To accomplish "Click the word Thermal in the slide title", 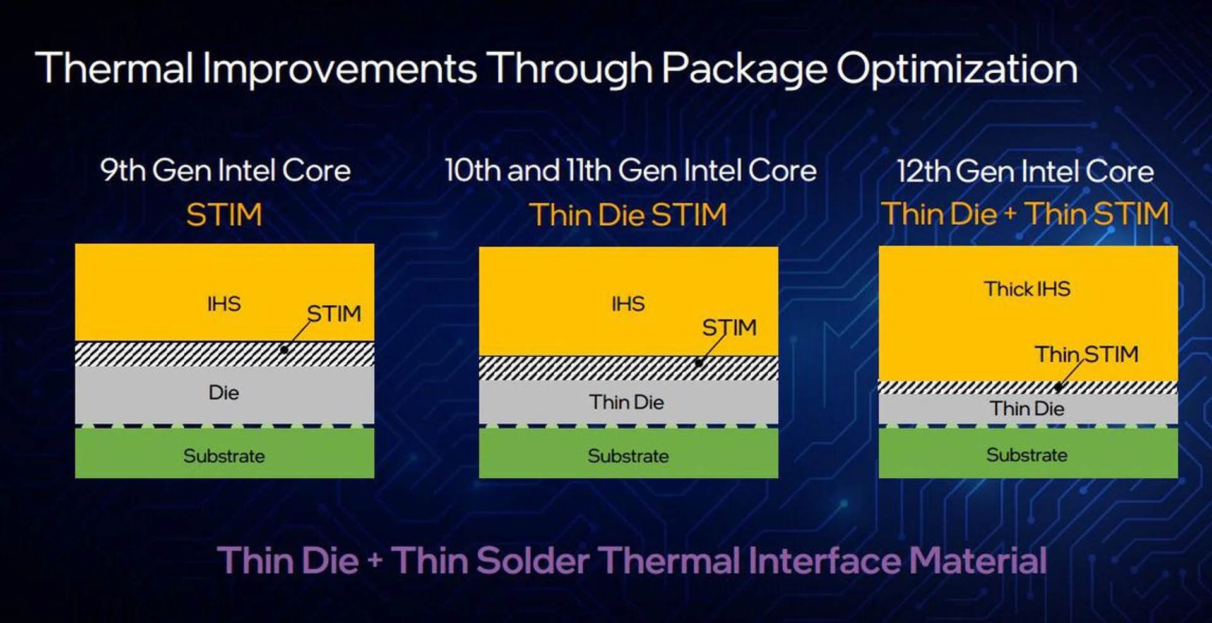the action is pos(114,68).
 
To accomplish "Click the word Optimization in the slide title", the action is pos(957,68).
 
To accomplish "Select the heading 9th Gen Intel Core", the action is pos(225,170).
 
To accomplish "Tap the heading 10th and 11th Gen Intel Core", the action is pos(631,170).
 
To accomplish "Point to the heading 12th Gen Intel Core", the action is pos(1026,171).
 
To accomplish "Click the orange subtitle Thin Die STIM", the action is pos(628,215).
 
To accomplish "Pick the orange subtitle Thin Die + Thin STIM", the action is pos(1025,213).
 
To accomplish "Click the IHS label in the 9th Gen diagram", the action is pos(224,304).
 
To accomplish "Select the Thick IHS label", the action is pos(1027,288).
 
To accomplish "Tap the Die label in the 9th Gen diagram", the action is pos(224,393).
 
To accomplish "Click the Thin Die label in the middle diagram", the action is pos(627,401).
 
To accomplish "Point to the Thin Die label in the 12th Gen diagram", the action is pos(1027,408).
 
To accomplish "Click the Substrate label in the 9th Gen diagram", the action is pos(224,456).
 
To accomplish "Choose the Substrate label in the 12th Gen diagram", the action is pos(1027,454).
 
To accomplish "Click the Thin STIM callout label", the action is pos(1086,354).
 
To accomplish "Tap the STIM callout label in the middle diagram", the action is pos(729,327).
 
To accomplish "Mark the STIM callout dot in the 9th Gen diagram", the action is pos(285,350).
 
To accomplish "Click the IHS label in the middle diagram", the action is pos(628,304).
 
